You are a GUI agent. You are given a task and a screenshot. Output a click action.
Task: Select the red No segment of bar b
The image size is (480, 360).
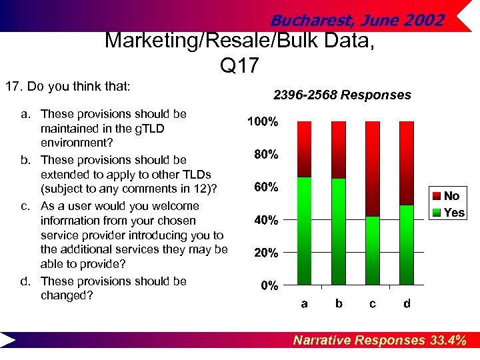pyautogui.click(x=339, y=150)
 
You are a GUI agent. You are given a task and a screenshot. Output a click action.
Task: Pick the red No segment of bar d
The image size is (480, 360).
pyautogui.click(x=407, y=163)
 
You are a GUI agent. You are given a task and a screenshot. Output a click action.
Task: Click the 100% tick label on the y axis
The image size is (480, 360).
pyautogui.click(x=263, y=122)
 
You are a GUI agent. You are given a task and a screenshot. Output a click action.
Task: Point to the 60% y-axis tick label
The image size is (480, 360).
pyautogui.click(x=266, y=187)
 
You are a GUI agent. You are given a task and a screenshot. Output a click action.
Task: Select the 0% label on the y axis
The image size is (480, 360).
pyautogui.click(x=269, y=286)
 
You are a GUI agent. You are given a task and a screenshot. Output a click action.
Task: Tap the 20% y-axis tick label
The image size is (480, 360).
pyautogui.click(x=266, y=253)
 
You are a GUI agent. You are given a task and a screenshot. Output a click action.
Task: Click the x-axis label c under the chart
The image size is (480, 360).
pyautogui.click(x=373, y=304)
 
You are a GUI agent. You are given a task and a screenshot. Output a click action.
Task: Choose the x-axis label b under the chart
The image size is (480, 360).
pyautogui.click(x=339, y=304)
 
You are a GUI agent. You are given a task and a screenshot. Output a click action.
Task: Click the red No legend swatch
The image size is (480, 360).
pyautogui.click(x=437, y=196)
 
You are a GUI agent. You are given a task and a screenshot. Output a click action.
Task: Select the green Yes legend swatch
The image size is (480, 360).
pyautogui.click(x=437, y=213)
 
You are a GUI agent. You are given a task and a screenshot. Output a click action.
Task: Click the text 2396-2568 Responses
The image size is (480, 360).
pyautogui.click(x=342, y=95)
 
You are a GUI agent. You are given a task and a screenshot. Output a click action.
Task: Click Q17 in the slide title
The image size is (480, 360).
pyautogui.click(x=238, y=65)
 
